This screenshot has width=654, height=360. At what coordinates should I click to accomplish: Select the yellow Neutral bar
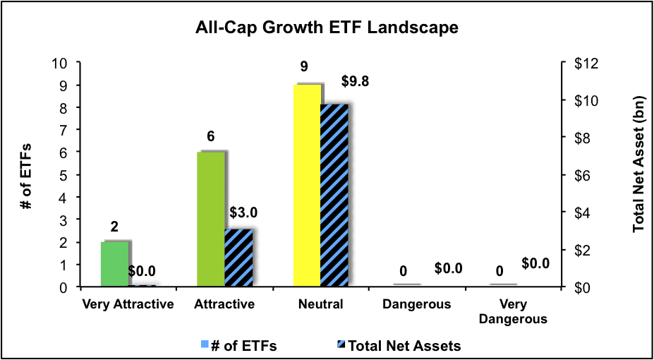308,186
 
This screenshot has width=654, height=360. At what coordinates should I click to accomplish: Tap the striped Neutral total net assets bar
334,196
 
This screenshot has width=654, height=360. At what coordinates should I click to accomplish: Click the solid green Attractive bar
211,220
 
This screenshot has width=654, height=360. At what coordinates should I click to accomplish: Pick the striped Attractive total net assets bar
238,258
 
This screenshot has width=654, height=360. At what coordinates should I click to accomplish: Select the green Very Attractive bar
115,264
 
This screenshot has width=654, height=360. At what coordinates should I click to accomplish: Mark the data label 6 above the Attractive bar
211,136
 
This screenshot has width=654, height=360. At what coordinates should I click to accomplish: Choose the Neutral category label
321,304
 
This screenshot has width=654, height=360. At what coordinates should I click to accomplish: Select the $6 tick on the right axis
574,175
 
